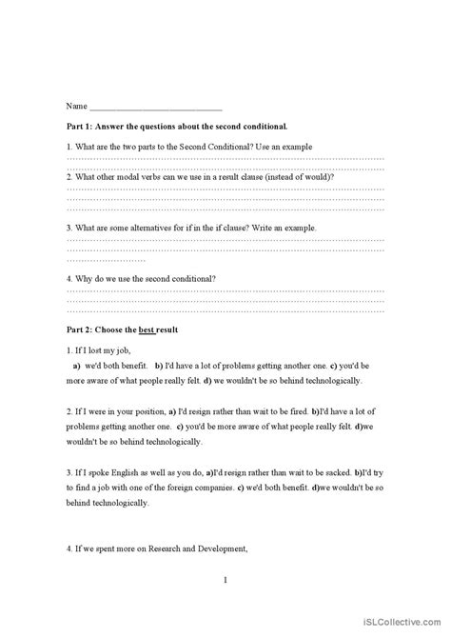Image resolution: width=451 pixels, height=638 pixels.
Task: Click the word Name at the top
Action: (x=76, y=106)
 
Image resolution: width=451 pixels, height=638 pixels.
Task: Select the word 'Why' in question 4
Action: (x=83, y=279)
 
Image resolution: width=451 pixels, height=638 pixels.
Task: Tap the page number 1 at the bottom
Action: (x=225, y=579)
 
